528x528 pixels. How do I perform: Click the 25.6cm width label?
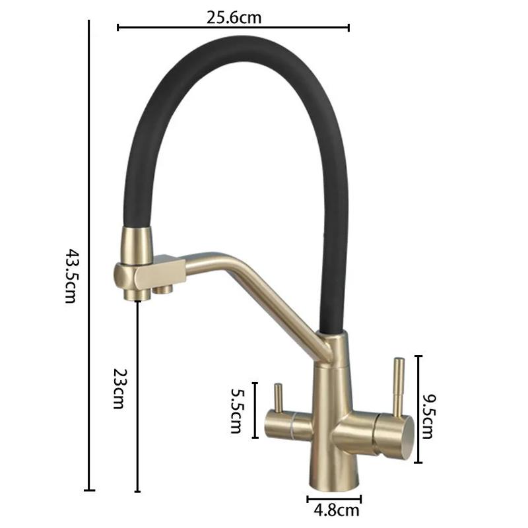pyautogui.click(x=234, y=18)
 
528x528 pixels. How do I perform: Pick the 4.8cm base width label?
pyautogui.click(x=334, y=510)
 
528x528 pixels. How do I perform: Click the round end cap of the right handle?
pyautogui.click(x=403, y=436)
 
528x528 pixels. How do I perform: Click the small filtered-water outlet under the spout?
pyautogui.click(x=162, y=289)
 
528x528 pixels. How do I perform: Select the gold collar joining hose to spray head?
pyautogui.click(x=137, y=243)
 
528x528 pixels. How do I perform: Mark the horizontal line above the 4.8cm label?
pyautogui.click(x=334, y=498)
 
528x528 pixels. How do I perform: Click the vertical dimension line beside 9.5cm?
pyautogui.click(x=418, y=409)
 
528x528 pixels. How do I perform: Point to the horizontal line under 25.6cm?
pyautogui.click(x=233, y=28)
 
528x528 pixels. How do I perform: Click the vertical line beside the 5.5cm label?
pyautogui.click(x=255, y=409)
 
